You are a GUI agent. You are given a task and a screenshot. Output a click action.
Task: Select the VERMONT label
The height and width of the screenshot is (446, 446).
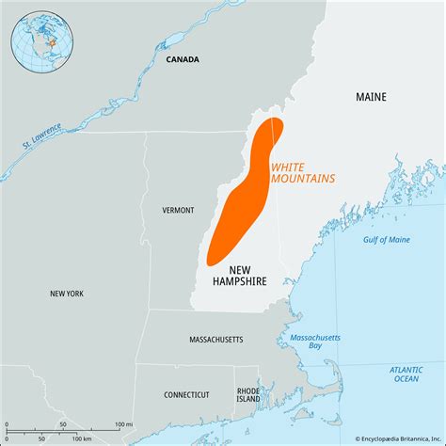coord(178,210)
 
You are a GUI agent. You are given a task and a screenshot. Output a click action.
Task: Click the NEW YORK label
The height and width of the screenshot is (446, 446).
coord(67,294)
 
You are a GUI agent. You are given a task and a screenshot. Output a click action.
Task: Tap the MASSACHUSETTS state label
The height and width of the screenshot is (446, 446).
coord(216,339)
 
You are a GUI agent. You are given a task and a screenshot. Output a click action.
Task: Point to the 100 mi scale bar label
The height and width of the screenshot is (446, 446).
coord(122,425)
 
